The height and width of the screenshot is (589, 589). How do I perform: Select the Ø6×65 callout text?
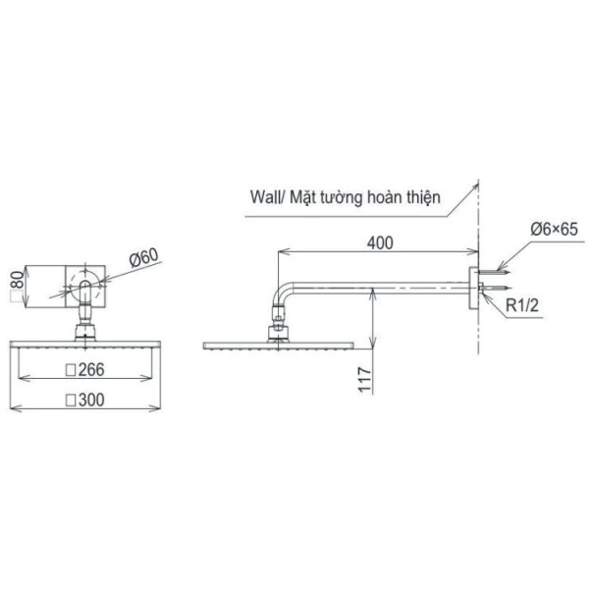tap(553, 229)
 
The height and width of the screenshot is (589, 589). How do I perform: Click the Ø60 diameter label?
tap(143, 259)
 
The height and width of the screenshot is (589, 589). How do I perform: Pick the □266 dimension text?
tap(84, 370)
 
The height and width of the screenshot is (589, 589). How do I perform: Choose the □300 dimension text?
tap(84, 400)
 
